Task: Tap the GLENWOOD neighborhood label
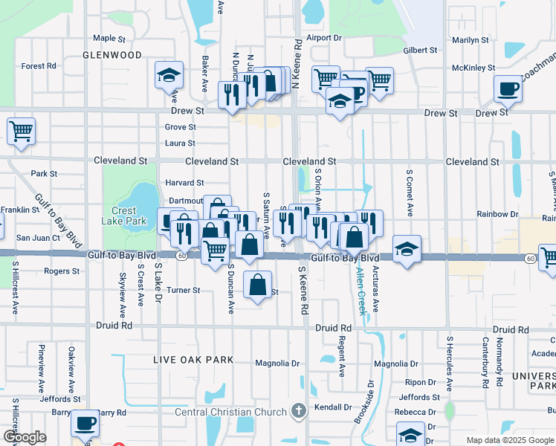(111, 55)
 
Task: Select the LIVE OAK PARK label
(193, 360)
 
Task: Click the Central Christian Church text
(230, 412)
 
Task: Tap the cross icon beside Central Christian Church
(298, 411)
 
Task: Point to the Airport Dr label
(323, 37)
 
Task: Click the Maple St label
(109, 38)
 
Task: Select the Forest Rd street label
(39, 65)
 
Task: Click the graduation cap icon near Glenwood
(169, 74)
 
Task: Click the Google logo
(24, 437)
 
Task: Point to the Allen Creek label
(361, 291)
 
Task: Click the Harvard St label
(185, 182)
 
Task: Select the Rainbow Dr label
(497, 214)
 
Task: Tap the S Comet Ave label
(409, 192)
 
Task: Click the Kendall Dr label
(332, 407)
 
